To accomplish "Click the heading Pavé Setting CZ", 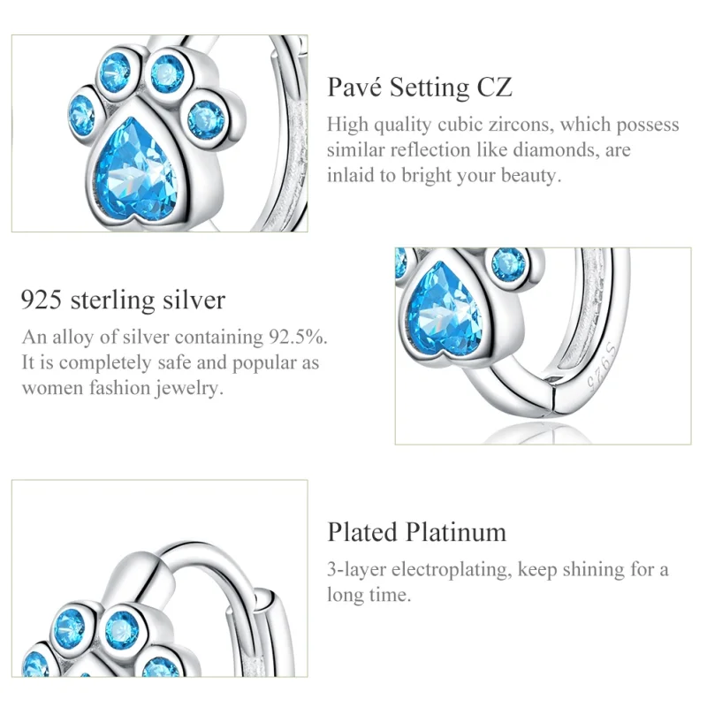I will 420,87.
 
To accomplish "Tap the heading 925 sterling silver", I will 123,300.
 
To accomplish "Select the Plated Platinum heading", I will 417,532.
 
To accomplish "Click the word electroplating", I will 453,569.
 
